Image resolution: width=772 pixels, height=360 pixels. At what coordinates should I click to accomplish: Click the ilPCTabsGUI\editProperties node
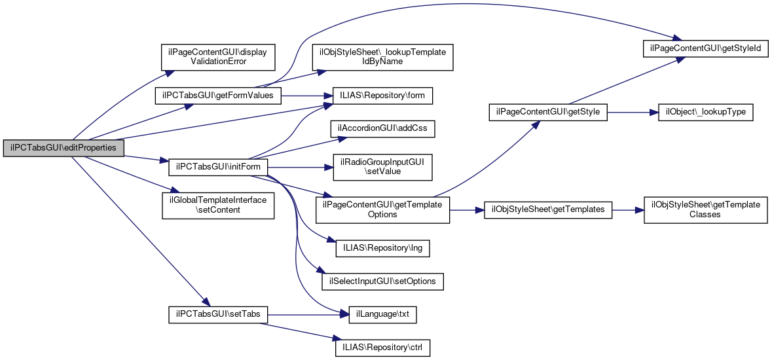(x=64, y=148)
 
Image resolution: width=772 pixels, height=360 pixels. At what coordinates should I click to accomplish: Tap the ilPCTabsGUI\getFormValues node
(x=218, y=95)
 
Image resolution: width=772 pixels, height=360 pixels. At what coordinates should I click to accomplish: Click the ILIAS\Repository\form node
(x=382, y=96)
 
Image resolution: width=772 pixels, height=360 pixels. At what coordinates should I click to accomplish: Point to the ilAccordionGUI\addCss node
(x=382, y=128)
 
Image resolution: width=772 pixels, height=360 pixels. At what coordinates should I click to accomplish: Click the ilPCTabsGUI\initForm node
(x=218, y=166)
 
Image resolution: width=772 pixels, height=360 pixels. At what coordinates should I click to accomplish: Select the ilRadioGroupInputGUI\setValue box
(x=382, y=167)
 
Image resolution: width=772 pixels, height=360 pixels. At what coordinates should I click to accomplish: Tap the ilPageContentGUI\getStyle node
(x=549, y=112)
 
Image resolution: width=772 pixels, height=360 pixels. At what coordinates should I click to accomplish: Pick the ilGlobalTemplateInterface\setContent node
(x=218, y=205)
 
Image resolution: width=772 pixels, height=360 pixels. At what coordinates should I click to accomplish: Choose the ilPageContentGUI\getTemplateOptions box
(x=382, y=209)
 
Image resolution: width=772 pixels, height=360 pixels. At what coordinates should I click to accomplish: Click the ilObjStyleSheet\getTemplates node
(x=548, y=210)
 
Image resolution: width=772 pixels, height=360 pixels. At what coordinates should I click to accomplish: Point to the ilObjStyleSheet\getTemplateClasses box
(x=705, y=209)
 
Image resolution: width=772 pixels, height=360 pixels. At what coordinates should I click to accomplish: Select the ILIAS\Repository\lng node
(x=382, y=249)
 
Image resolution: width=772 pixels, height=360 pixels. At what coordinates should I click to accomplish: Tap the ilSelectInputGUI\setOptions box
(x=382, y=281)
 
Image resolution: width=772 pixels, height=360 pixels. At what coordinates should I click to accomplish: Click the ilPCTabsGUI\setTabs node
(x=218, y=314)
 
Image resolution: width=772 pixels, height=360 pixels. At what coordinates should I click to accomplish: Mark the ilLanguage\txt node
(x=382, y=314)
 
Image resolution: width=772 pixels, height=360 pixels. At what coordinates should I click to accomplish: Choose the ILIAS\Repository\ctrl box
(x=382, y=347)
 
